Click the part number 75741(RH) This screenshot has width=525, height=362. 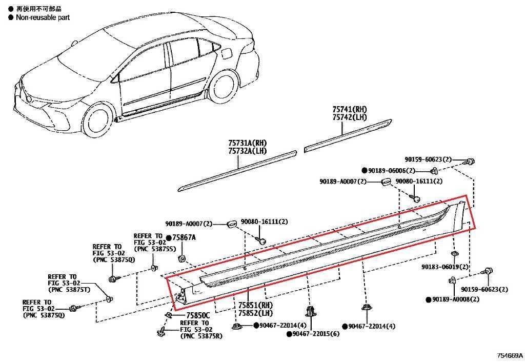pyautogui.click(x=350, y=109)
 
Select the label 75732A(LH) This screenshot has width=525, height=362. pyautogui.click(x=248, y=151)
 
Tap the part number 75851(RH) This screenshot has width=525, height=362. pyautogui.click(x=255, y=305)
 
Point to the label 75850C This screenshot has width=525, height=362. pyautogui.click(x=198, y=315)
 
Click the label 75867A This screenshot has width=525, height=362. pyautogui.click(x=184, y=237)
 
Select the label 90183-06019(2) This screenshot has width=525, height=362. pyautogui.click(x=445, y=267)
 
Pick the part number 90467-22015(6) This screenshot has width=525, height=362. pyautogui.click(x=316, y=334)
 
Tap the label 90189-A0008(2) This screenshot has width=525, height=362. pyautogui.click(x=456, y=299)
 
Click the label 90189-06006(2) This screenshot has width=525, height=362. pyautogui.click(x=392, y=170)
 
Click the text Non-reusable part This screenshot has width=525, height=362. pyautogui.click(x=43, y=17)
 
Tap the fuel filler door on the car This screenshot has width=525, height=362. pyautogui.click(x=226, y=53)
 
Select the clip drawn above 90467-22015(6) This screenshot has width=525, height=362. pyautogui.click(x=310, y=311)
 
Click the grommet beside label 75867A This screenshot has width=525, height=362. pyautogui.click(x=182, y=259)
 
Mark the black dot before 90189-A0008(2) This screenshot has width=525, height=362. pyautogui.click(x=428, y=299)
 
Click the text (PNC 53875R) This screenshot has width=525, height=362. pyautogui.click(x=201, y=336)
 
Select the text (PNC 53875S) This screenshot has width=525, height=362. pyautogui.click(x=155, y=249)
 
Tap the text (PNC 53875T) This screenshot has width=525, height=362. pyautogui.click(x=69, y=289)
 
